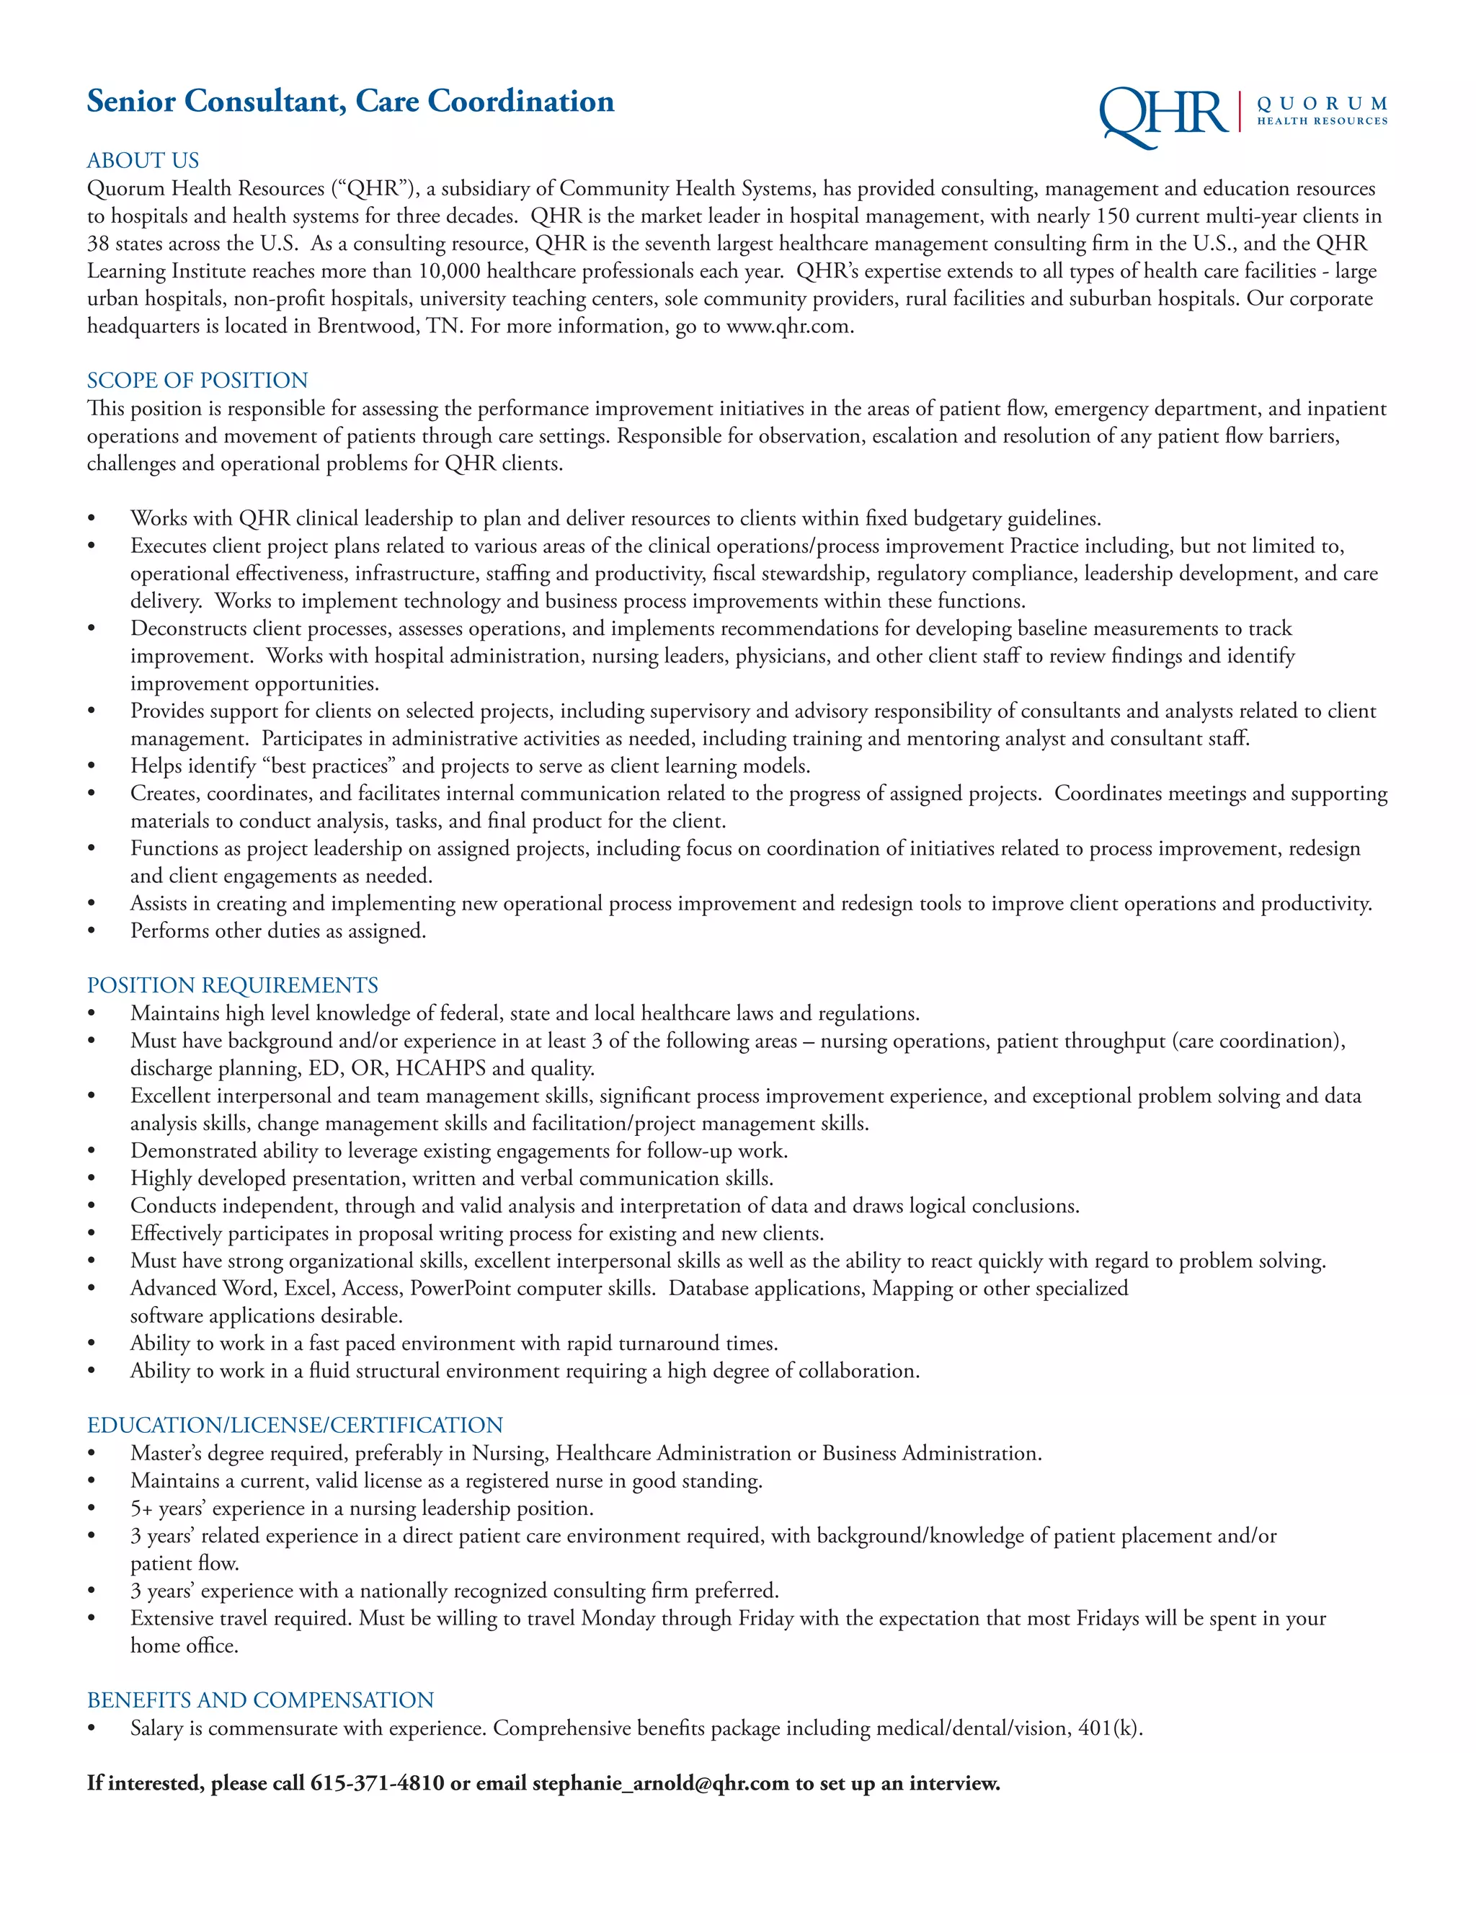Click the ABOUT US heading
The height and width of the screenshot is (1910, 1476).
(143, 160)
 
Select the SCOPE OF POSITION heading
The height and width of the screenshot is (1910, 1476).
(197, 381)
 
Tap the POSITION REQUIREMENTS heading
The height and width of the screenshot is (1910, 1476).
(232, 985)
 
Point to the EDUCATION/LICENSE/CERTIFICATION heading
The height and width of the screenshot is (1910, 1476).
(295, 1425)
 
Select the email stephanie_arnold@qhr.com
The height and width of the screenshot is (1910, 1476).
(660, 1782)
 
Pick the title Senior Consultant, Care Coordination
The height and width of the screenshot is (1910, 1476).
(350, 102)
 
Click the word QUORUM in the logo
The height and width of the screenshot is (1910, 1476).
(1321, 104)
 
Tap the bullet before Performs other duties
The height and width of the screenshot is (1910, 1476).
(92, 931)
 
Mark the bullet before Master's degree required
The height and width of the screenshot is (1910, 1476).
(92, 1454)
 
